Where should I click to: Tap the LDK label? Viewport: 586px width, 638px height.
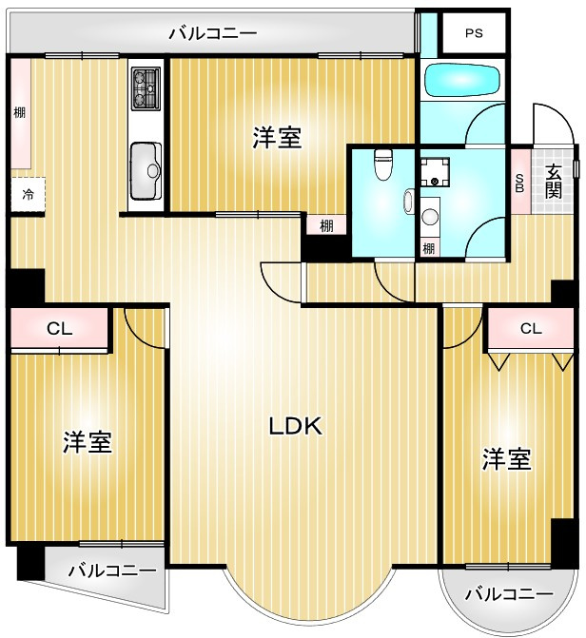click(296, 427)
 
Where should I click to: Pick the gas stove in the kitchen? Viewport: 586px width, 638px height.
click(146, 87)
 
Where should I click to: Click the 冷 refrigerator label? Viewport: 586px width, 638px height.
click(28, 194)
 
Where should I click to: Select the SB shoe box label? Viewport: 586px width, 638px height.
click(519, 181)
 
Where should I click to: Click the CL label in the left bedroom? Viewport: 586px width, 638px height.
click(59, 330)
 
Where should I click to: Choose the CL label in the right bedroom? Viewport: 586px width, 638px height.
click(530, 329)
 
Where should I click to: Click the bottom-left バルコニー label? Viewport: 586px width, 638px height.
click(112, 571)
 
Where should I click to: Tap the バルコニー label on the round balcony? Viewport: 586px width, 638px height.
click(509, 594)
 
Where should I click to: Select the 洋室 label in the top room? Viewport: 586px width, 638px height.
click(277, 139)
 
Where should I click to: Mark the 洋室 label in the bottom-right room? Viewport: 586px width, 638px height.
click(505, 459)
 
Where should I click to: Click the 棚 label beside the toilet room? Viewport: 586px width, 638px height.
click(326, 225)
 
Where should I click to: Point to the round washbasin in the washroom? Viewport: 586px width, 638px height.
click(429, 216)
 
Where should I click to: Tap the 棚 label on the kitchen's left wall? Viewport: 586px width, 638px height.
click(19, 112)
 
